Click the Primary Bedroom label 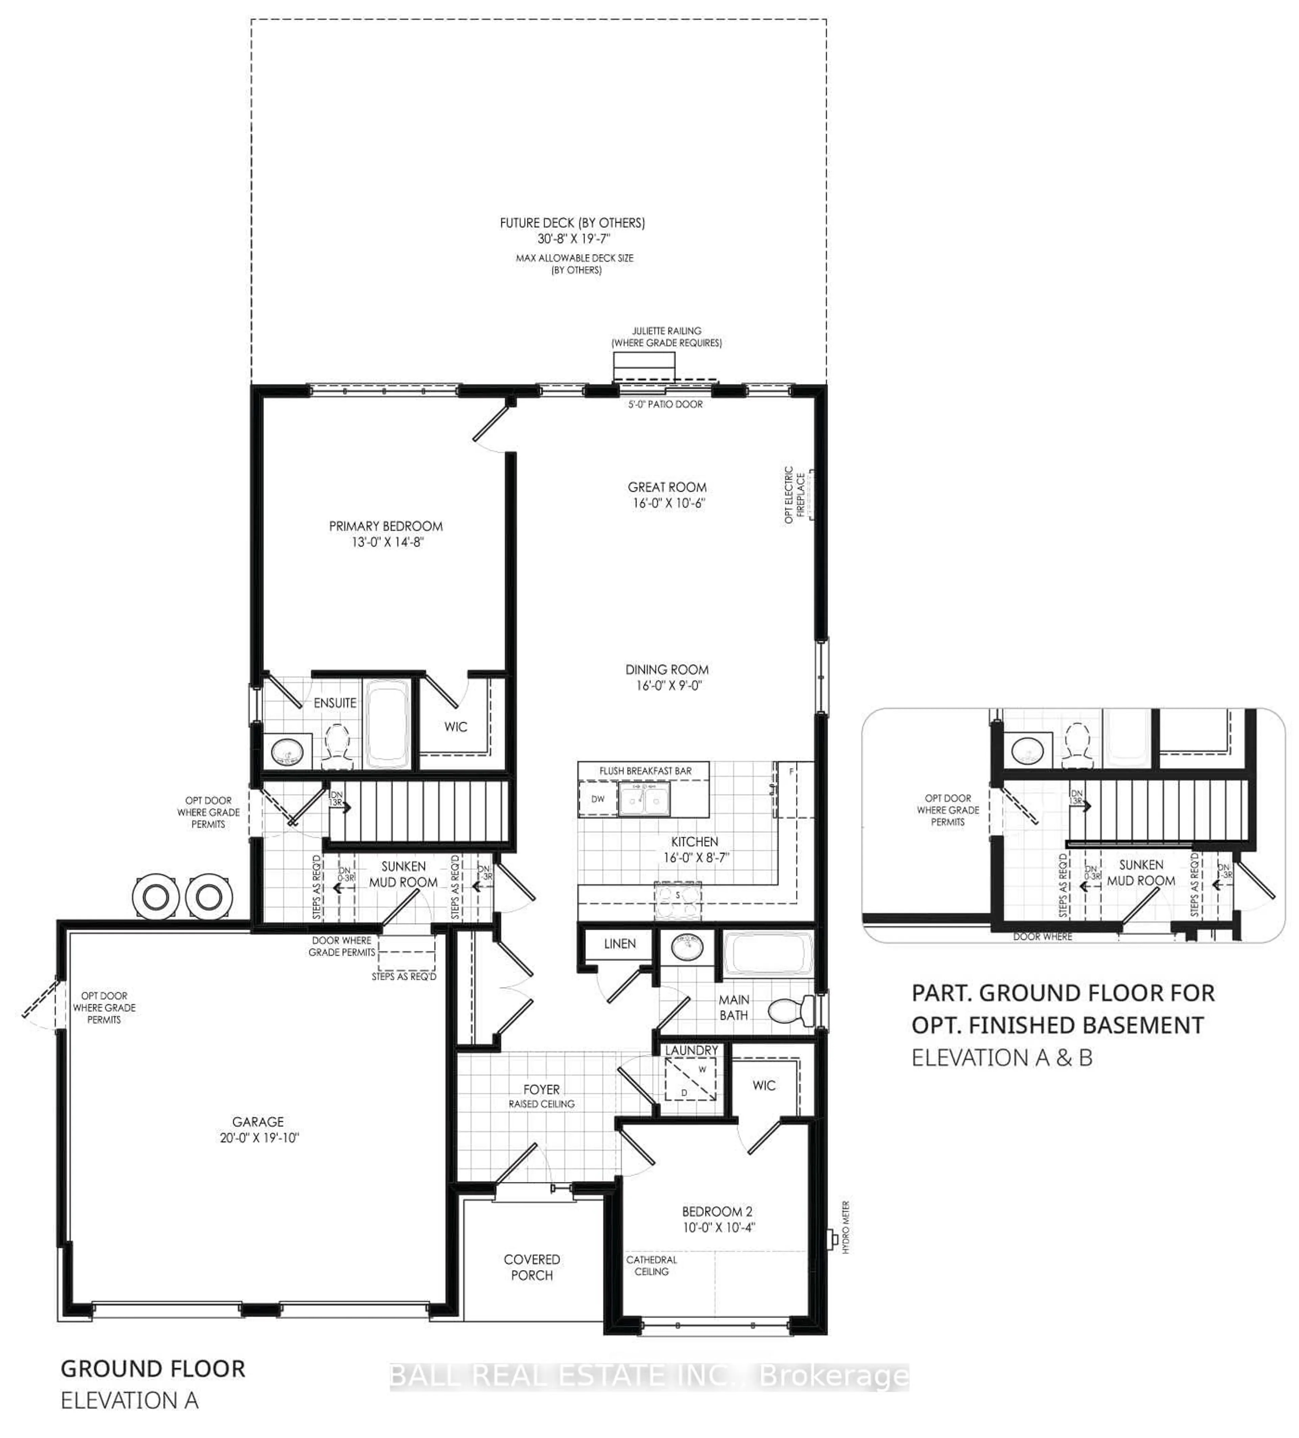point(385,526)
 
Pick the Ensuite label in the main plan point(335,703)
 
